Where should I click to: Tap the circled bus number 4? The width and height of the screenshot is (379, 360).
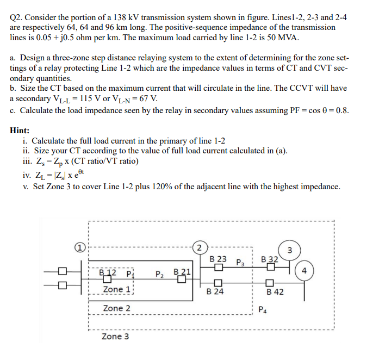pos(305,270)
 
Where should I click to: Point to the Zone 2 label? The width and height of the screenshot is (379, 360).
pos(116,308)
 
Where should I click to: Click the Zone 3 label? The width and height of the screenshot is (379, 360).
pos(115,337)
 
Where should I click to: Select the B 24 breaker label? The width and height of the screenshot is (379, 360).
pos(216,292)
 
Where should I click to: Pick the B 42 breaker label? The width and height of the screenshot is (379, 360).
pos(275,292)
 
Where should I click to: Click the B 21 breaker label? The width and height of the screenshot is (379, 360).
pos(182,272)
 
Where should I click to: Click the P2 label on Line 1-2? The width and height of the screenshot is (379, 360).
pos(160,274)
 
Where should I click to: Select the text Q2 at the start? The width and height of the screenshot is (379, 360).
pos(17,17)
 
